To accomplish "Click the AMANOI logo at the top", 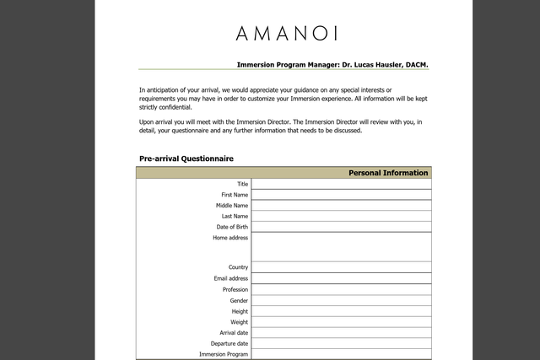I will [x=287, y=34].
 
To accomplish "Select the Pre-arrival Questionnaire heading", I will [x=186, y=159].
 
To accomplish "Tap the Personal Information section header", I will [x=388, y=173].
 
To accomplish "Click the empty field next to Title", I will [x=341, y=184].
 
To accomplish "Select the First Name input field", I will [x=341, y=195].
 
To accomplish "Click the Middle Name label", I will [x=232, y=206].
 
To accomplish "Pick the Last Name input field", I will [x=341, y=217].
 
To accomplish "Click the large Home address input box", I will [x=341, y=247].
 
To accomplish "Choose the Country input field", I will [x=341, y=267].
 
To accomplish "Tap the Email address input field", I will [x=341, y=278].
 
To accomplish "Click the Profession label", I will [x=235, y=289].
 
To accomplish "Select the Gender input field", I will [x=341, y=300].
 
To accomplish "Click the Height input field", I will [x=341, y=311].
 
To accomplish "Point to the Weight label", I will [x=240, y=322].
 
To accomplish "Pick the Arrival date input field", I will [x=341, y=333].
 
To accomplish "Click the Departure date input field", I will [x=341, y=344].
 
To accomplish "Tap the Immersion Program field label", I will [x=224, y=355].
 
